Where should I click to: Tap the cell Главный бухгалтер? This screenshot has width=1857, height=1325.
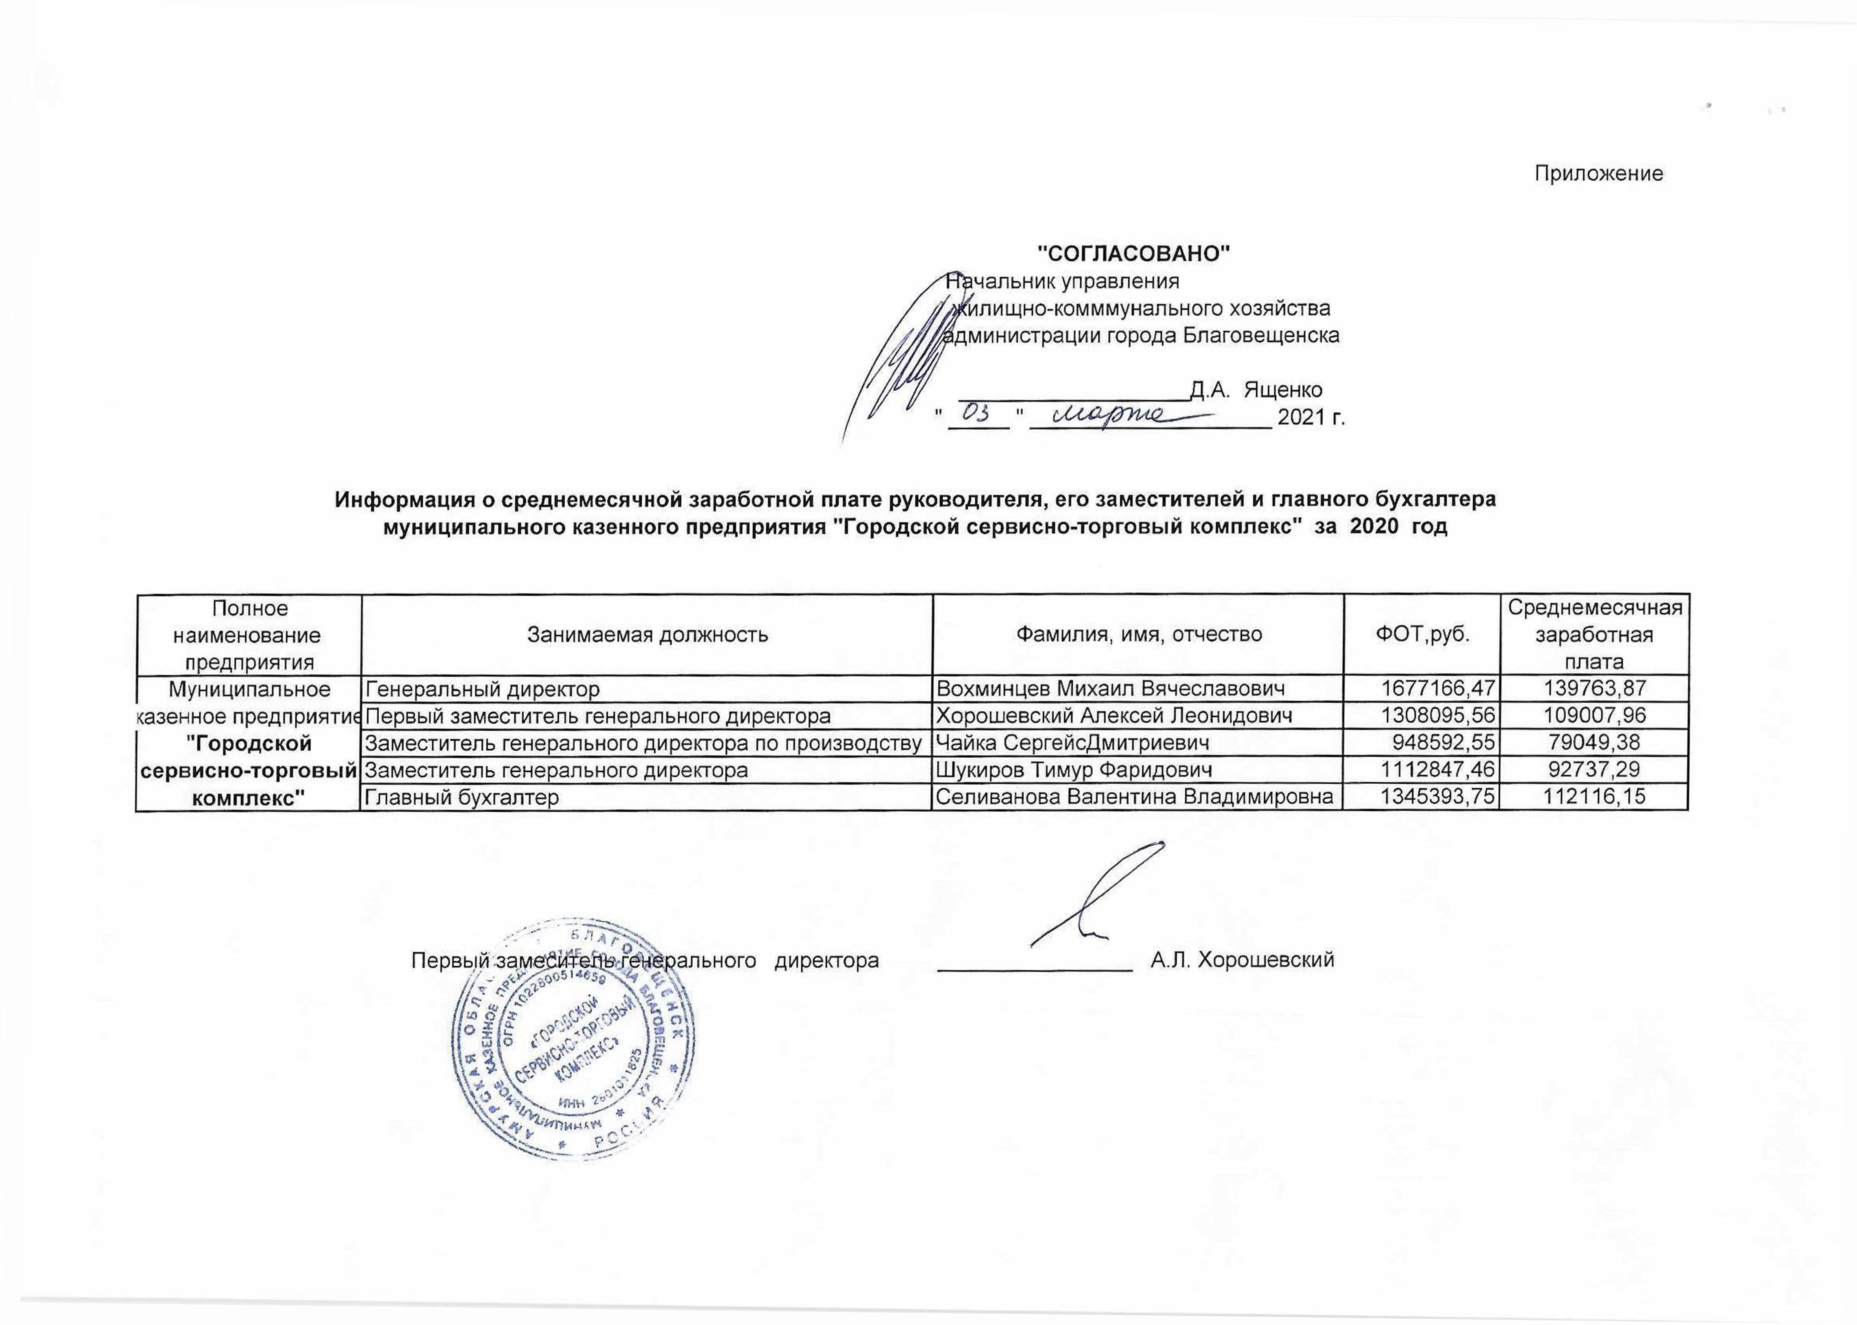(462, 797)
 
